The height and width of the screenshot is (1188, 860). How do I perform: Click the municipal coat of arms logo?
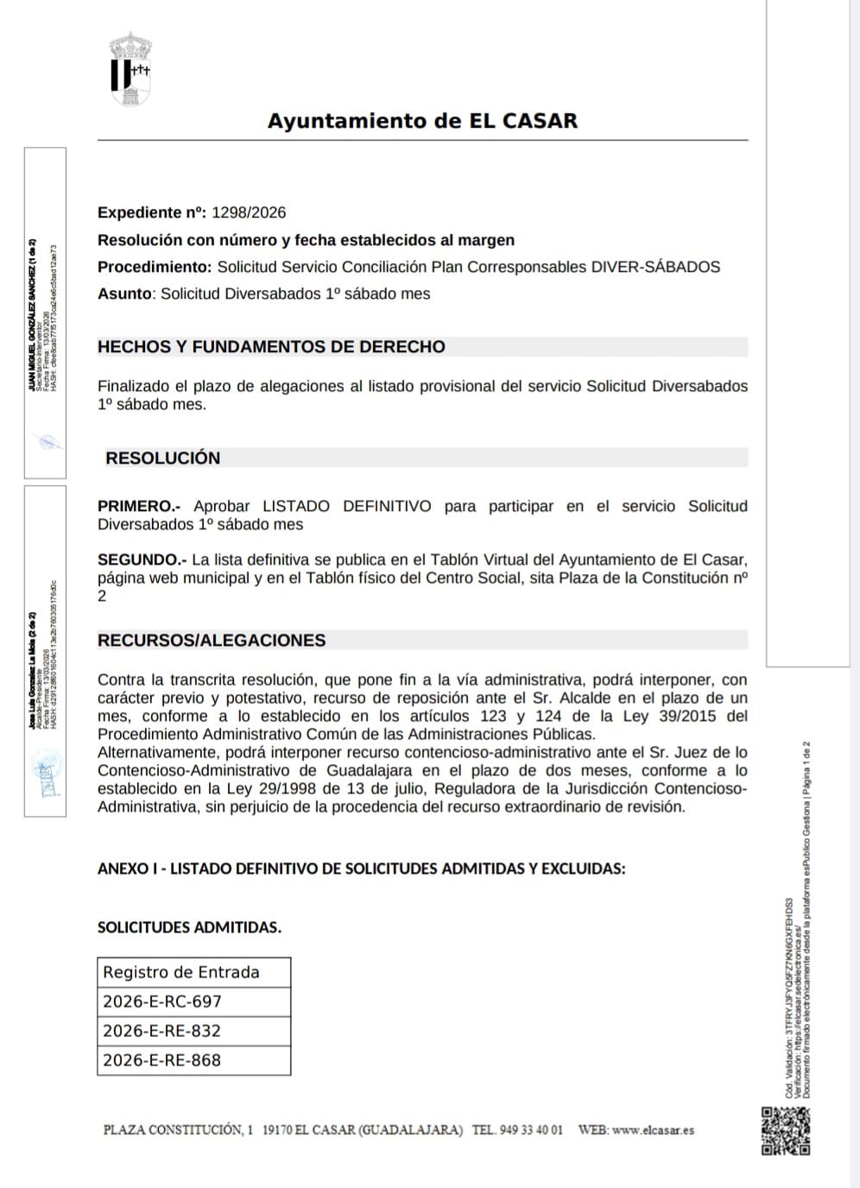coord(130,69)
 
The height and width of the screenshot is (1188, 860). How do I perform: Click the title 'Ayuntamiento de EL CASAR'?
coord(422,121)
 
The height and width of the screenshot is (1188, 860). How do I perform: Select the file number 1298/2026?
coord(248,212)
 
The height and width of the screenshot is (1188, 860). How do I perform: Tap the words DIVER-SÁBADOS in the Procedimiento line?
coord(654,267)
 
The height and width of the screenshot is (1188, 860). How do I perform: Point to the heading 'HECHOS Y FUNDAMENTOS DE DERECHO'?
coord(271,347)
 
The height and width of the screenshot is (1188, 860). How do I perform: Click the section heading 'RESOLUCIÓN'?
coord(162,458)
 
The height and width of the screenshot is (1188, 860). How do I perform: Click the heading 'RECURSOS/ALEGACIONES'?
coord(212,641)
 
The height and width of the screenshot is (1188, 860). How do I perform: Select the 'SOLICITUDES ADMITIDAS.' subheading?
coord(189,927)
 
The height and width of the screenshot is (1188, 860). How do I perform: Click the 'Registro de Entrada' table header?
coord(181,972)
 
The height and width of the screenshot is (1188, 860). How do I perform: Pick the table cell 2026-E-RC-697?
coord(162,1002)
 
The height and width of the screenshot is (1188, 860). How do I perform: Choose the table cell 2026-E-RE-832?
coord(161,1031)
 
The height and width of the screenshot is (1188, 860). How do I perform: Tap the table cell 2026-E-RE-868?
coord(161,1060)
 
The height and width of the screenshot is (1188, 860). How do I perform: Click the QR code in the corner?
coord(785,1130)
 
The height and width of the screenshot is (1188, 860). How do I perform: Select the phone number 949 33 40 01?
coord(530,1129)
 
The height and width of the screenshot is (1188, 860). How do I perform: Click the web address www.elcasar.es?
coord(653,1129)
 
